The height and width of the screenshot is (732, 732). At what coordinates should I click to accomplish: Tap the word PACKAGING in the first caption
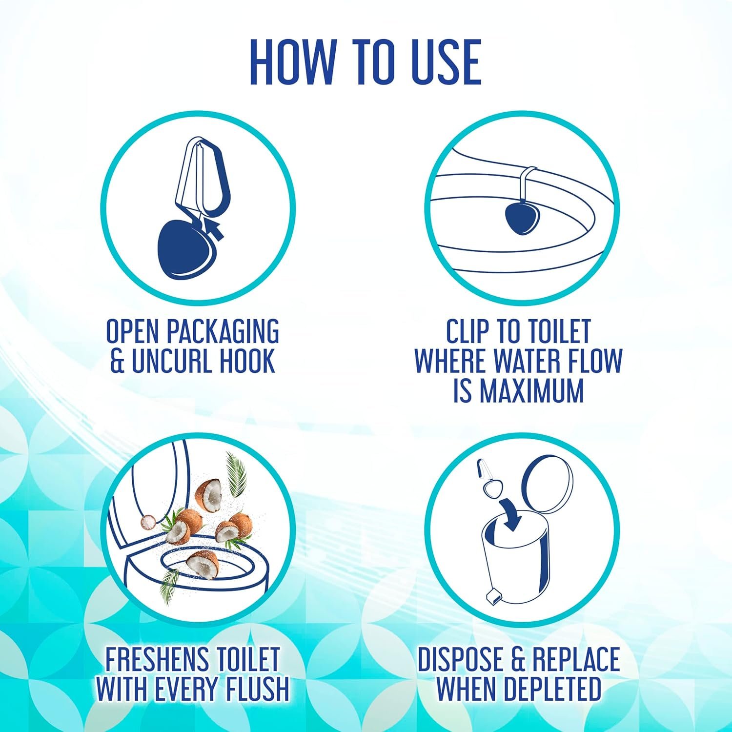[x=223, y=331]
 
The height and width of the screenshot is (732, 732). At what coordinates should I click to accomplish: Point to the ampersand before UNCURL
[x=118, y=362]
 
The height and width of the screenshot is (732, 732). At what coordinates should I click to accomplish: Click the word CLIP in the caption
[x=468, y=331]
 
